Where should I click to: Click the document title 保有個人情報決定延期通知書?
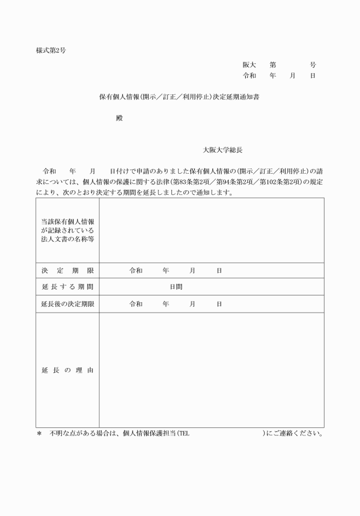[x=181, y=97]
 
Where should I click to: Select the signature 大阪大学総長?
[x=223, y=150]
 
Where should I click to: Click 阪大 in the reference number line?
[x=249, y=65]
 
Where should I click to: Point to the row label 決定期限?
[x=67, y=270]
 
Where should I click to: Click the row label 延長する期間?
[x=67, y=287]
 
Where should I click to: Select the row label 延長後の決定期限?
[x=67, y=304]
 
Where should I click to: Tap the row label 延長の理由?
[x=67, y=370]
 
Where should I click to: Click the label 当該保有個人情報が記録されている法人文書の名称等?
[x=67, y=230]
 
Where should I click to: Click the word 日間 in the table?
[x=176, y=287]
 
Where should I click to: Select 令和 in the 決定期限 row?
[x=136, y=270]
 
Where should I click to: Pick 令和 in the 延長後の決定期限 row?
[x=136, y=304]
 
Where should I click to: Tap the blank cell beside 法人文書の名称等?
[x=211, y=230]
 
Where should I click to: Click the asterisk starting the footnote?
[x=39, y=434]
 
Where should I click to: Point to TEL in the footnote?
[x=183, y=434]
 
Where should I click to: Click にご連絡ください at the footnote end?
[x=295, y=434]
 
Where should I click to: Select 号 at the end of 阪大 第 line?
[x=313, y=65]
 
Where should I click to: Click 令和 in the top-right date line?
[x=249, y=75]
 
